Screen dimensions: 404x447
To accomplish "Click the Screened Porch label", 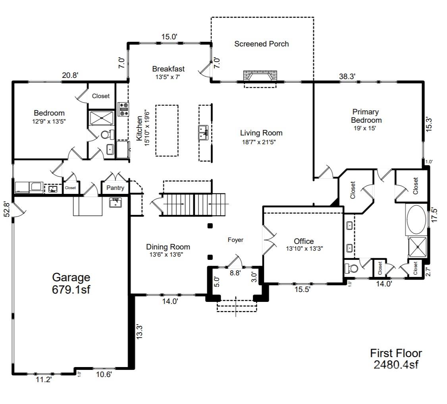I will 261,44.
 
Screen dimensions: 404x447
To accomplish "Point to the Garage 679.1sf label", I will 71,283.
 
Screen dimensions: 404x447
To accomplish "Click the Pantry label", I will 116,188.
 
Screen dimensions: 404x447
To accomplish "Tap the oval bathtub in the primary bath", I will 416,220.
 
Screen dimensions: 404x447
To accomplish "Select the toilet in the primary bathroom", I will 352,268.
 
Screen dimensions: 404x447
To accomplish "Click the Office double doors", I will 268,240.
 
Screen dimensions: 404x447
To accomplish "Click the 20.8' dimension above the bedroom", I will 70,75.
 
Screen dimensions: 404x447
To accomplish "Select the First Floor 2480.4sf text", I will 396,359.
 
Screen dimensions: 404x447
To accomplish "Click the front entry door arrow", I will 236,306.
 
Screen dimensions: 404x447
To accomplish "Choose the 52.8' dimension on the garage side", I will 6,210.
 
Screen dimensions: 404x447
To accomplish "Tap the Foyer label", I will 235,240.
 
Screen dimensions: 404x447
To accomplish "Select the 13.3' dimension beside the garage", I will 139,332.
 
